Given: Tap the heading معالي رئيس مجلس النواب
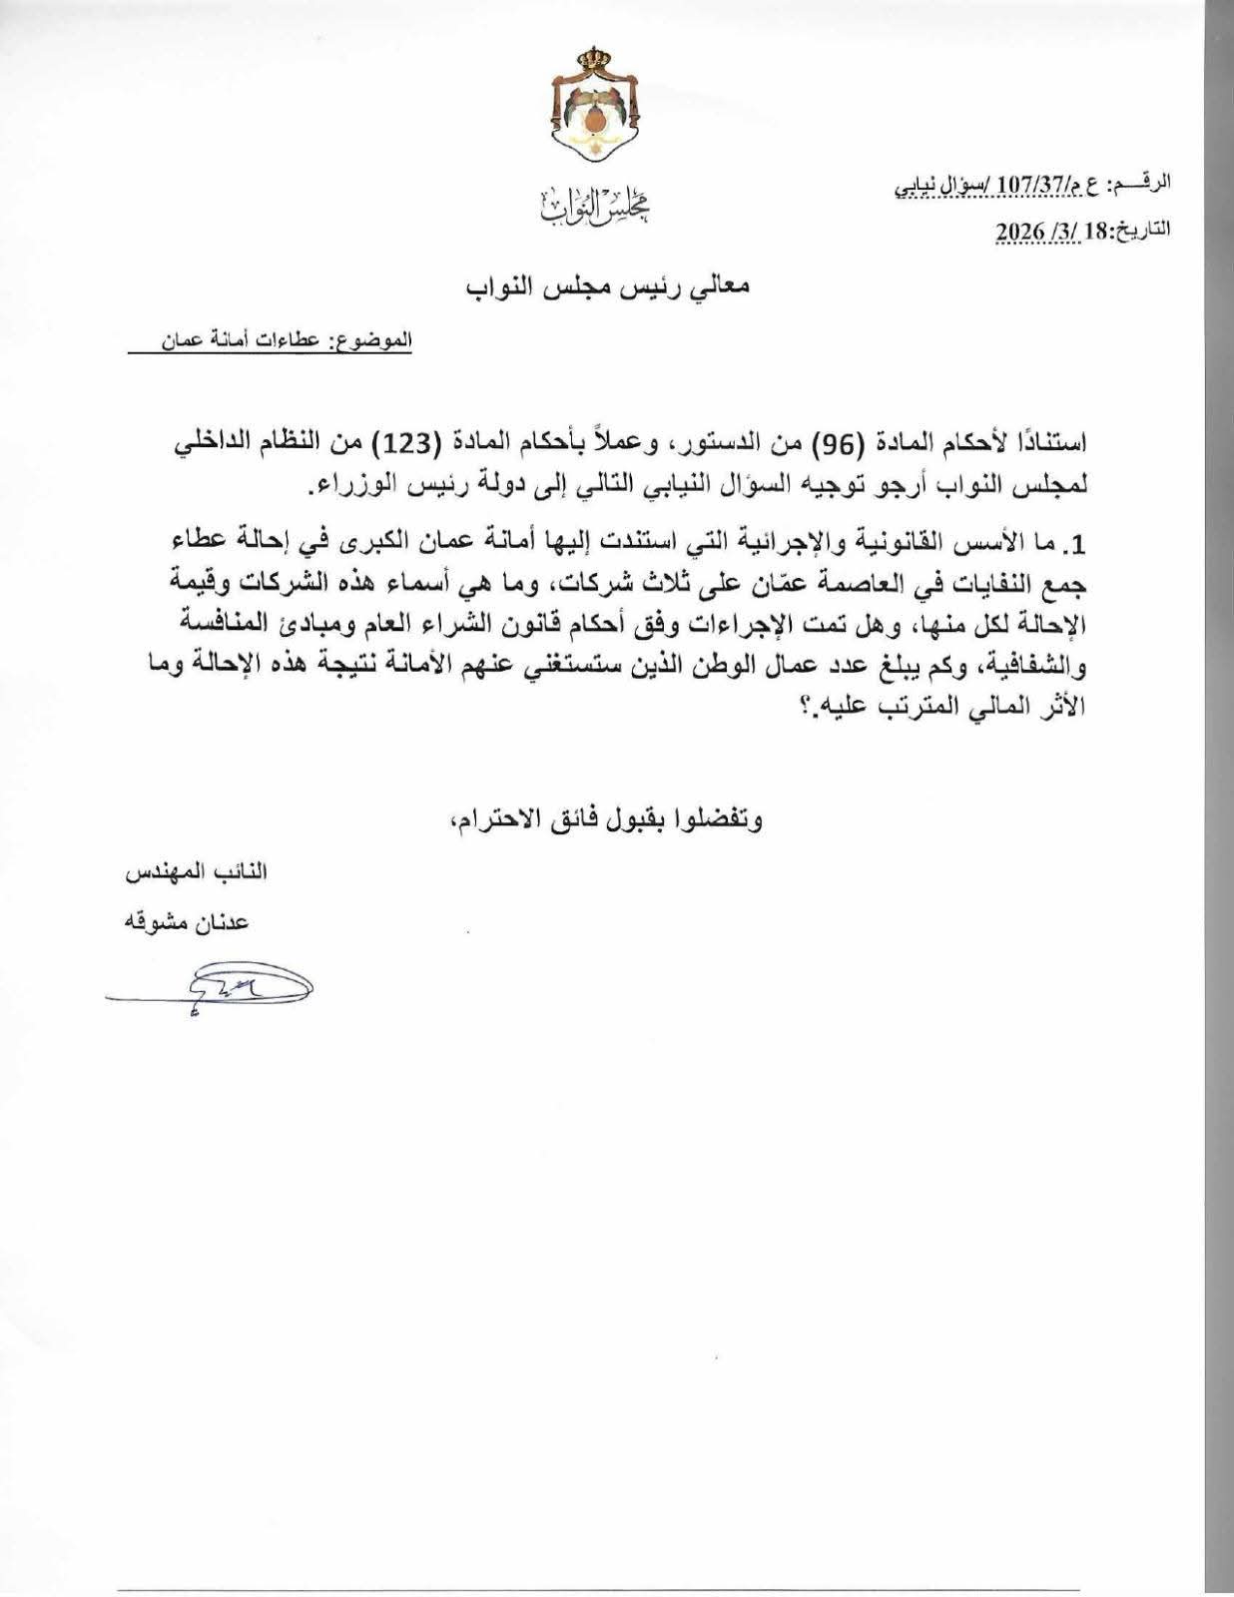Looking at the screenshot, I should pos(608,286).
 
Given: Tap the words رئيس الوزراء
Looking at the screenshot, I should pos(374,487).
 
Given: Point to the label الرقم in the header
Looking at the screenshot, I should pos(1148,185).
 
